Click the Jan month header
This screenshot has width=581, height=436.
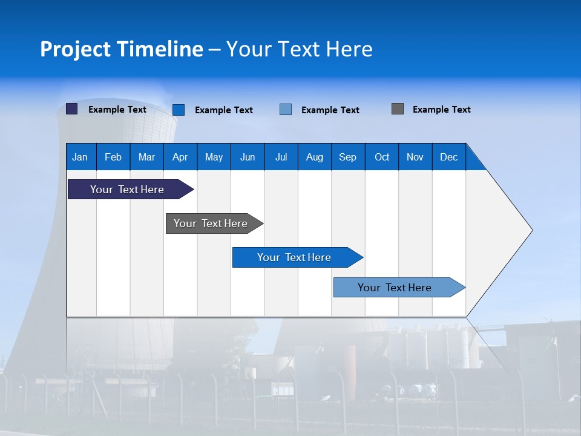(80, 157)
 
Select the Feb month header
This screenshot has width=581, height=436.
(113, 157)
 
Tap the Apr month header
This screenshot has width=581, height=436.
(180, 157)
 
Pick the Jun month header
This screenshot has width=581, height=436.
(248, 157)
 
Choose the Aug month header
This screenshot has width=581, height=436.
(314, 157)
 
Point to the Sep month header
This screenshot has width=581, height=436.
(347, 157)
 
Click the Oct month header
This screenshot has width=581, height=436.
(382, 157)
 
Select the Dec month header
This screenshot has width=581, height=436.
(448, 157)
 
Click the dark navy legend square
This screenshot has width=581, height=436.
(72, 109)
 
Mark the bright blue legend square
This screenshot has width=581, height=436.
(179, 110)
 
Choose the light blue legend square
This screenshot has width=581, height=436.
(286, 110)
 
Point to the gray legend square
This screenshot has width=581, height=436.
(398, 109)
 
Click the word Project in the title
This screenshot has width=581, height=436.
(75, 49)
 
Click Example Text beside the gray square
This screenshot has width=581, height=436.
(441, 110)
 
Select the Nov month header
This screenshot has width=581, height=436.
(415, 157)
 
